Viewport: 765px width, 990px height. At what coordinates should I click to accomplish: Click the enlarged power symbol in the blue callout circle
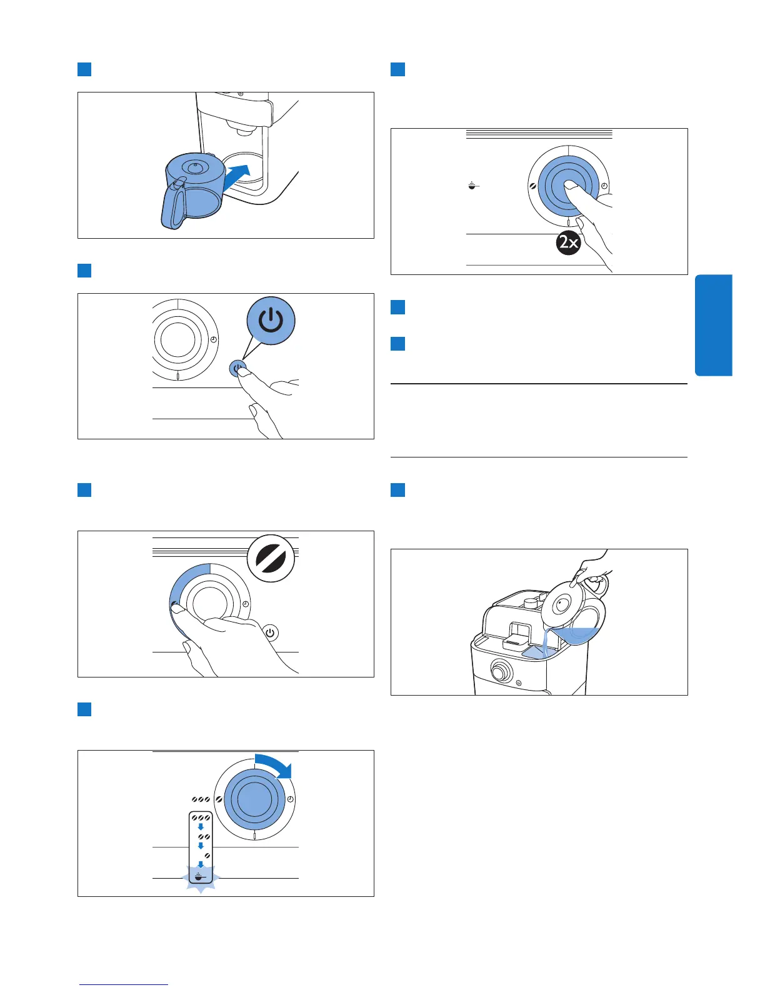(x=271, y=321)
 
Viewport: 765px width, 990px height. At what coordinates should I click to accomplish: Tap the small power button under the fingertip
(x=237, y=369)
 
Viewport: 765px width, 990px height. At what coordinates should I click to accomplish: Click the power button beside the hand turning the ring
(x=270, y=632)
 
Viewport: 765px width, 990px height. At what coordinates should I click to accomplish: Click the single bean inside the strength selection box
(x=207, y=855)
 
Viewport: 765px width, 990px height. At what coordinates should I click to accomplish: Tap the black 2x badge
(x=568, y=242)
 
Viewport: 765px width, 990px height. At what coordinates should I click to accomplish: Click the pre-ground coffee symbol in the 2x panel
(x=473, y=186)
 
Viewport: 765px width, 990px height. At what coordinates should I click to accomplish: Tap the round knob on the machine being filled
(x=499, y=672)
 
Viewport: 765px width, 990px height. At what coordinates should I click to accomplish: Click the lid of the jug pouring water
(x=561, y=604)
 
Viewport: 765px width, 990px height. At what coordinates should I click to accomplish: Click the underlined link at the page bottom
(x=124, y=984)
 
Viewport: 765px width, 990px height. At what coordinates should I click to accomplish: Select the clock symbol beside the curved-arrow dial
(x=291, y=800)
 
